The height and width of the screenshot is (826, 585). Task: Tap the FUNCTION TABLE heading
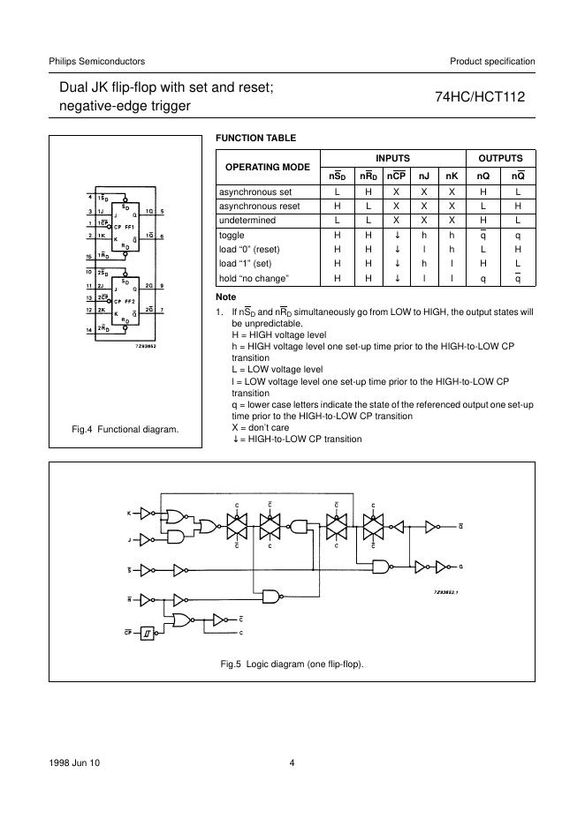[255, 139]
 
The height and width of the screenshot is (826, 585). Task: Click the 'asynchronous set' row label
[255, 191]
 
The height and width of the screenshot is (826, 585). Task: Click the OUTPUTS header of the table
[500, 158]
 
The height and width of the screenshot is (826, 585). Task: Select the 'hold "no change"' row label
[255, 279]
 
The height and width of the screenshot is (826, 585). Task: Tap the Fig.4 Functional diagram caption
[125, 429]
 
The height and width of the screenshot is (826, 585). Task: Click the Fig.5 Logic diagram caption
[292, 664]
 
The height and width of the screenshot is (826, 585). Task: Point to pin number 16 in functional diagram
[90, 257]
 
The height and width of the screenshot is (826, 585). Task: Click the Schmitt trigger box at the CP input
[152, 632]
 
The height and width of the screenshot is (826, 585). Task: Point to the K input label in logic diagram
[129, 513]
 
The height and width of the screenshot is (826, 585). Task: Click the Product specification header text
[492, 61]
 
